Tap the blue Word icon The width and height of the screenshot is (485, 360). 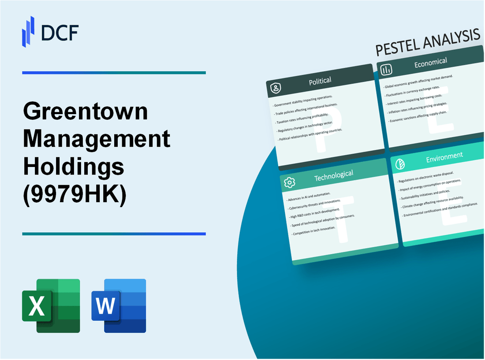pyautogui.click(x=119, y=306)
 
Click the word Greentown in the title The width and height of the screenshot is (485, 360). pyautogui.click(x=86, y=112)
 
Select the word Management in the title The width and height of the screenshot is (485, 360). pyautogui.click(x=96, y=140)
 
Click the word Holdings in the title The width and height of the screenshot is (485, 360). pyautogui.click(x=74, y=168)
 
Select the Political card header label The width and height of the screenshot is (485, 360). pyautogui.click(x=321, y=81)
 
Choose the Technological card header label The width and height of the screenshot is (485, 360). pyautogui.click(x=333, y=176)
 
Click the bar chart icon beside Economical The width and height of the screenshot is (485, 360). pyautogui.click(x=387, y=70)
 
